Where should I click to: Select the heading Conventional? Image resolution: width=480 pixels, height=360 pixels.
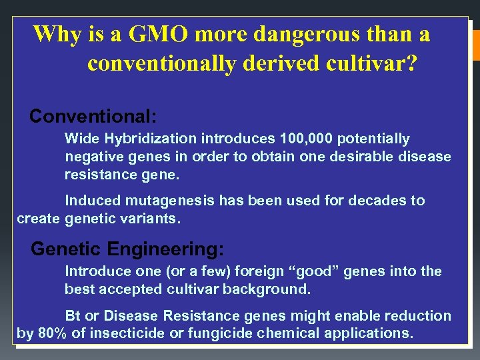(x=93, y=117)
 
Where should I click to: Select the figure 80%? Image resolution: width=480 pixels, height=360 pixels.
(x=52, y=333)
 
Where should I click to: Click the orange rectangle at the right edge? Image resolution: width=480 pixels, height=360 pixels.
(x=475, y=43)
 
